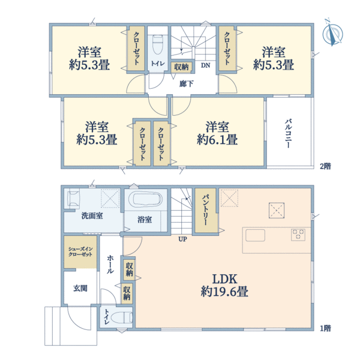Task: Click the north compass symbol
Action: (332, 33)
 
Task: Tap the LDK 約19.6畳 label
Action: (224, 286)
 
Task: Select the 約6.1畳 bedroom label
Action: (217, 133)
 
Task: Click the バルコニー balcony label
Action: (288, 133)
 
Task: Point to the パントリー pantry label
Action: (206, 210)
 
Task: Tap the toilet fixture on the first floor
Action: (121, 318)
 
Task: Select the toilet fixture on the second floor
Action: (157, 44)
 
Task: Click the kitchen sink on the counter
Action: (255, 235)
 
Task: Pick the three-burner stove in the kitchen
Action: (298, 235)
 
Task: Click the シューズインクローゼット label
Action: (80, 251)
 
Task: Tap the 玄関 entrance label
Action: (80, 288)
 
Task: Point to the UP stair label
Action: (182, 239)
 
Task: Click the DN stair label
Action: (205, 65)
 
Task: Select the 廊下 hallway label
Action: (186, 84)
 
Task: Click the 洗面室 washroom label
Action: (92, 215)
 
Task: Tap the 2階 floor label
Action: (325, 166)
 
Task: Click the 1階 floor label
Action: (325, 328)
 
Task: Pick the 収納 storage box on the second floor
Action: (181, 67)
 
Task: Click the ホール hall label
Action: (110, 264)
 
